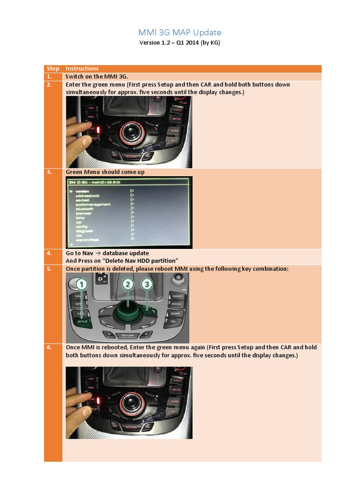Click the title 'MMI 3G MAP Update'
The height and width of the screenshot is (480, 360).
(x=180, y=32)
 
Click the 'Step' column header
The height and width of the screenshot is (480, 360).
(x=52, y=68)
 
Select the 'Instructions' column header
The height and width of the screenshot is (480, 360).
(x=82, y=68)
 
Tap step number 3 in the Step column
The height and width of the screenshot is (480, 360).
(x=49, y=172)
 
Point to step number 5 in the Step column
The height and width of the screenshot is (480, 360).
(x=49, y=269)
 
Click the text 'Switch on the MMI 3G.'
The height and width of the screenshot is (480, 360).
(x=96, y=76)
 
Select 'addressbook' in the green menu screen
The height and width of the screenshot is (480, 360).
(x=88, y=195)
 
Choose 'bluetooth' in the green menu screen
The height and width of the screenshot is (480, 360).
(x=84, y=209)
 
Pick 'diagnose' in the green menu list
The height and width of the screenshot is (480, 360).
(x=84, y=231)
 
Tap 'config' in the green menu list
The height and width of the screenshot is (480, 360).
(x=82, y=226)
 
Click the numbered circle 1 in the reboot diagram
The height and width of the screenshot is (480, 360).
(x=81, y=285)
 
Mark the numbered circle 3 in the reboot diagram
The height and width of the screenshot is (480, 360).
(x=147, y=284)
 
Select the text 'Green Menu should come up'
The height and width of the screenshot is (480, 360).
(x=105, y=172)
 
